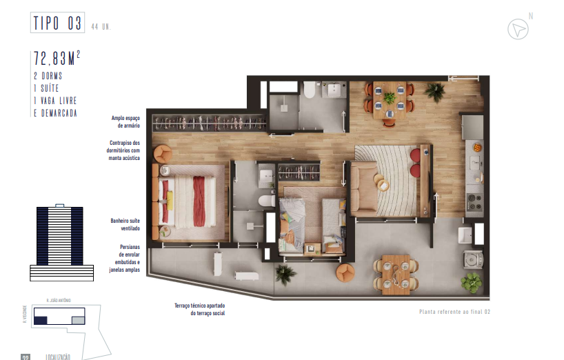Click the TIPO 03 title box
coord(58,23)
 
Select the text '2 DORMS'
coord(49,74)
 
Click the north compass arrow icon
coord(516,29)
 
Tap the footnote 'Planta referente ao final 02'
coord(454,312)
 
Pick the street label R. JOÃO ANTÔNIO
coord(59,301)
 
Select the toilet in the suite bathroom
coord(263,200)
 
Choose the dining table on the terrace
coord(395,274)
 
